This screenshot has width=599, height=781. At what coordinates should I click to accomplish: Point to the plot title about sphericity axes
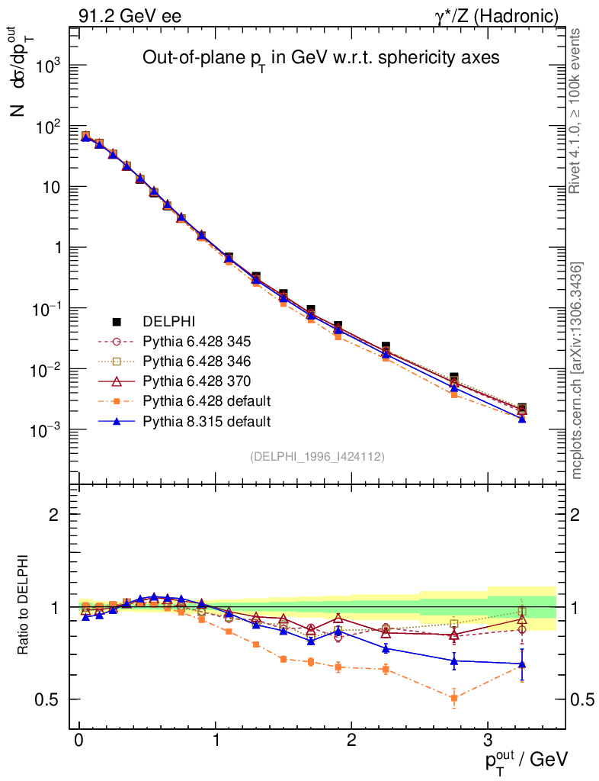[321, 59]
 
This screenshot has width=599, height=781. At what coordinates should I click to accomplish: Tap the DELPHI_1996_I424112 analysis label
[317, 456]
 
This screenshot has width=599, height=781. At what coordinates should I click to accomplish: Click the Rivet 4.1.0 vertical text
[575, 111]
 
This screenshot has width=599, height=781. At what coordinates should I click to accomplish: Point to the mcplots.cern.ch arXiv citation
[577, 371]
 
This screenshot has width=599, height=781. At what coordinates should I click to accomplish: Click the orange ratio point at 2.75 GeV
[453, 698]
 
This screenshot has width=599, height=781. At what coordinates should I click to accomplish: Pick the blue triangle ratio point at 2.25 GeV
[386, 649]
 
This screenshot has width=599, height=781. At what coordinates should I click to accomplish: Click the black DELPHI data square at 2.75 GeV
[453, 377]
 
